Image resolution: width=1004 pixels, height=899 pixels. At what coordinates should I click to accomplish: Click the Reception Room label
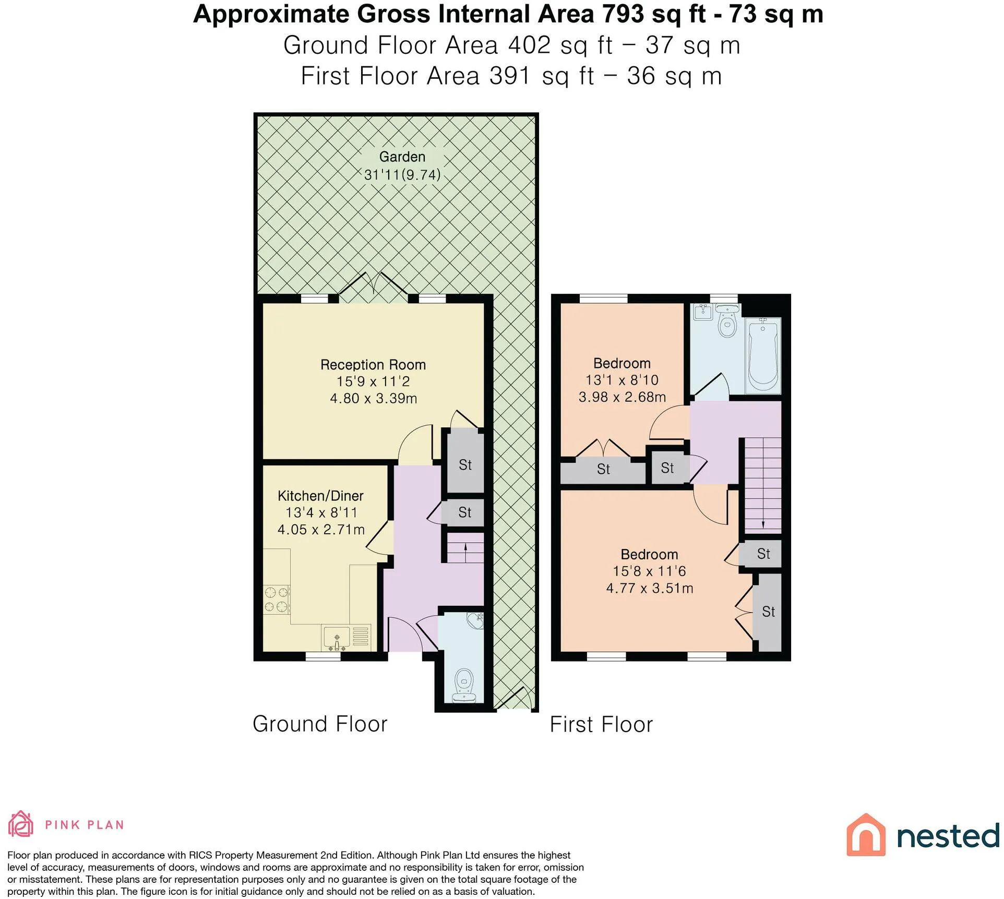[373, 365]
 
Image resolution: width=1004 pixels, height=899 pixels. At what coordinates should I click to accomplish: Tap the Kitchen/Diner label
[320, 496]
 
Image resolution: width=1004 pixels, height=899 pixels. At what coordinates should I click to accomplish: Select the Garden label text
[402, 157]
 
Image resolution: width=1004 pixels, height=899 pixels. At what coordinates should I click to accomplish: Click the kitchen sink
[336, 637]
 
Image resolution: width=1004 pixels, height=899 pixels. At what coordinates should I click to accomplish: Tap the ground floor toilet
[464, 685]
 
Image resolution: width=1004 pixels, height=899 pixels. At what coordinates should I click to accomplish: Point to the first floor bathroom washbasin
[703, 312]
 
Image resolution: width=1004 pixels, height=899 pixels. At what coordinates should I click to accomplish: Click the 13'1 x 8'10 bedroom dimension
[622, 380]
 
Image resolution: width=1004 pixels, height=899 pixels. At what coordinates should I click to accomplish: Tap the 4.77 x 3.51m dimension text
[650, 588]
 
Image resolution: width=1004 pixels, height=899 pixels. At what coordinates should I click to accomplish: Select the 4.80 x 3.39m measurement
[374, 399]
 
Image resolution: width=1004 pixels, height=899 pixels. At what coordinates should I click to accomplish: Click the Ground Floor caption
[320, 724]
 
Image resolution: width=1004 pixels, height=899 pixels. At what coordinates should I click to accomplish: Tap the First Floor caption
[601, 724]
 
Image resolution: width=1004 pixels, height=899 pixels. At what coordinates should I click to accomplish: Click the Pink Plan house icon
[21, 824]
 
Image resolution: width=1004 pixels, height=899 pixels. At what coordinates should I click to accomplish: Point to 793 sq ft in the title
[654, 15]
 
